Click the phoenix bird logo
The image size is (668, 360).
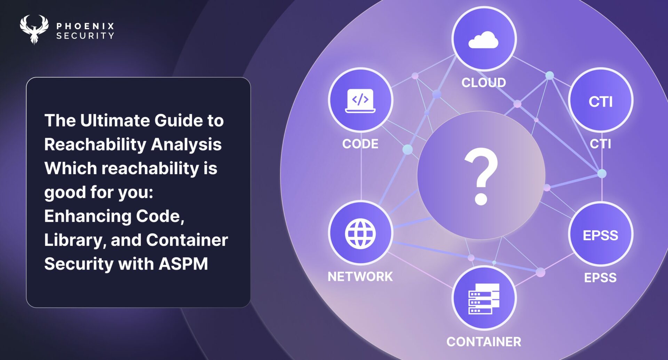tap(34, 29)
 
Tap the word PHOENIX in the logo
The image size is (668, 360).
tap(86, 26)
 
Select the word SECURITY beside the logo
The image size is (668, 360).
tap(86, 36)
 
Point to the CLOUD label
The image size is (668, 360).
tap(484, 83)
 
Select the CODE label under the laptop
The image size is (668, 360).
tap(360, 144)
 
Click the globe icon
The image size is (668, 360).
tap(360, 234)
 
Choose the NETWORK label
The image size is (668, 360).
tap(360, 276)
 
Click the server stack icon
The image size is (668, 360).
tap(484, 299)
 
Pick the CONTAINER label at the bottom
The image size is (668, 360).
tap(484, 342)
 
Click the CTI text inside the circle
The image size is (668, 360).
tap(601, 102)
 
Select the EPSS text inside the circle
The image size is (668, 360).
tap(601, 235)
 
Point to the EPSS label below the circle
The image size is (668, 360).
tap(601, 278)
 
